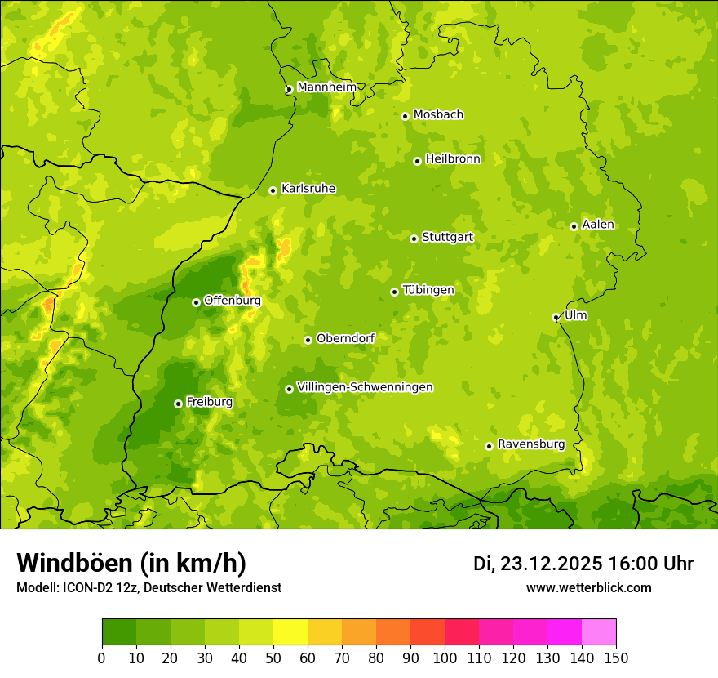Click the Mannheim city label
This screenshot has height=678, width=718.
(x=326, y=87)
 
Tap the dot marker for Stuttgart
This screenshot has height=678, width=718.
(x=414, y=239)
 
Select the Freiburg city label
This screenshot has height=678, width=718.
(x=209, y=402)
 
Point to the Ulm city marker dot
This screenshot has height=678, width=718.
(x=556, y=317)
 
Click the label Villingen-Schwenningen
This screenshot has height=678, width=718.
(x=365, y=387)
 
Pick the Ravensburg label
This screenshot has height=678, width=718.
(x=531, y=444)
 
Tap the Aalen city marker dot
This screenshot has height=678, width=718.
(x=574, y=226)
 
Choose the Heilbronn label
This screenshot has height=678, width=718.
(x=453, y=159)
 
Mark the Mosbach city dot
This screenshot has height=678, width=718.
(x=405, y=116)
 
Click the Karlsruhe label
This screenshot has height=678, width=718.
(x=308, y=189)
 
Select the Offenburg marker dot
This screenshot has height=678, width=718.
(x=196, y=302)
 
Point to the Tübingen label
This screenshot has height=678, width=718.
(x=428, y=290)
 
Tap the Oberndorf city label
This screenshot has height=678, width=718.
(x=345, y=338)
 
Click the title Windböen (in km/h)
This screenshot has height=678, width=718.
(x=131, y=563)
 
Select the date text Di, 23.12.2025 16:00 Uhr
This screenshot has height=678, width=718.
(x=583, y=564)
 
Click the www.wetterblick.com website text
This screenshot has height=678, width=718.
(x=588, y=587)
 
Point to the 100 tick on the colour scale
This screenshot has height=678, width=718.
(x=445, y=658)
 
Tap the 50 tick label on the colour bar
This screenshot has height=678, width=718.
(x=273, y=658)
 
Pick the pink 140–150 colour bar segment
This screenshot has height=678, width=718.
(x=599, y=632)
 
